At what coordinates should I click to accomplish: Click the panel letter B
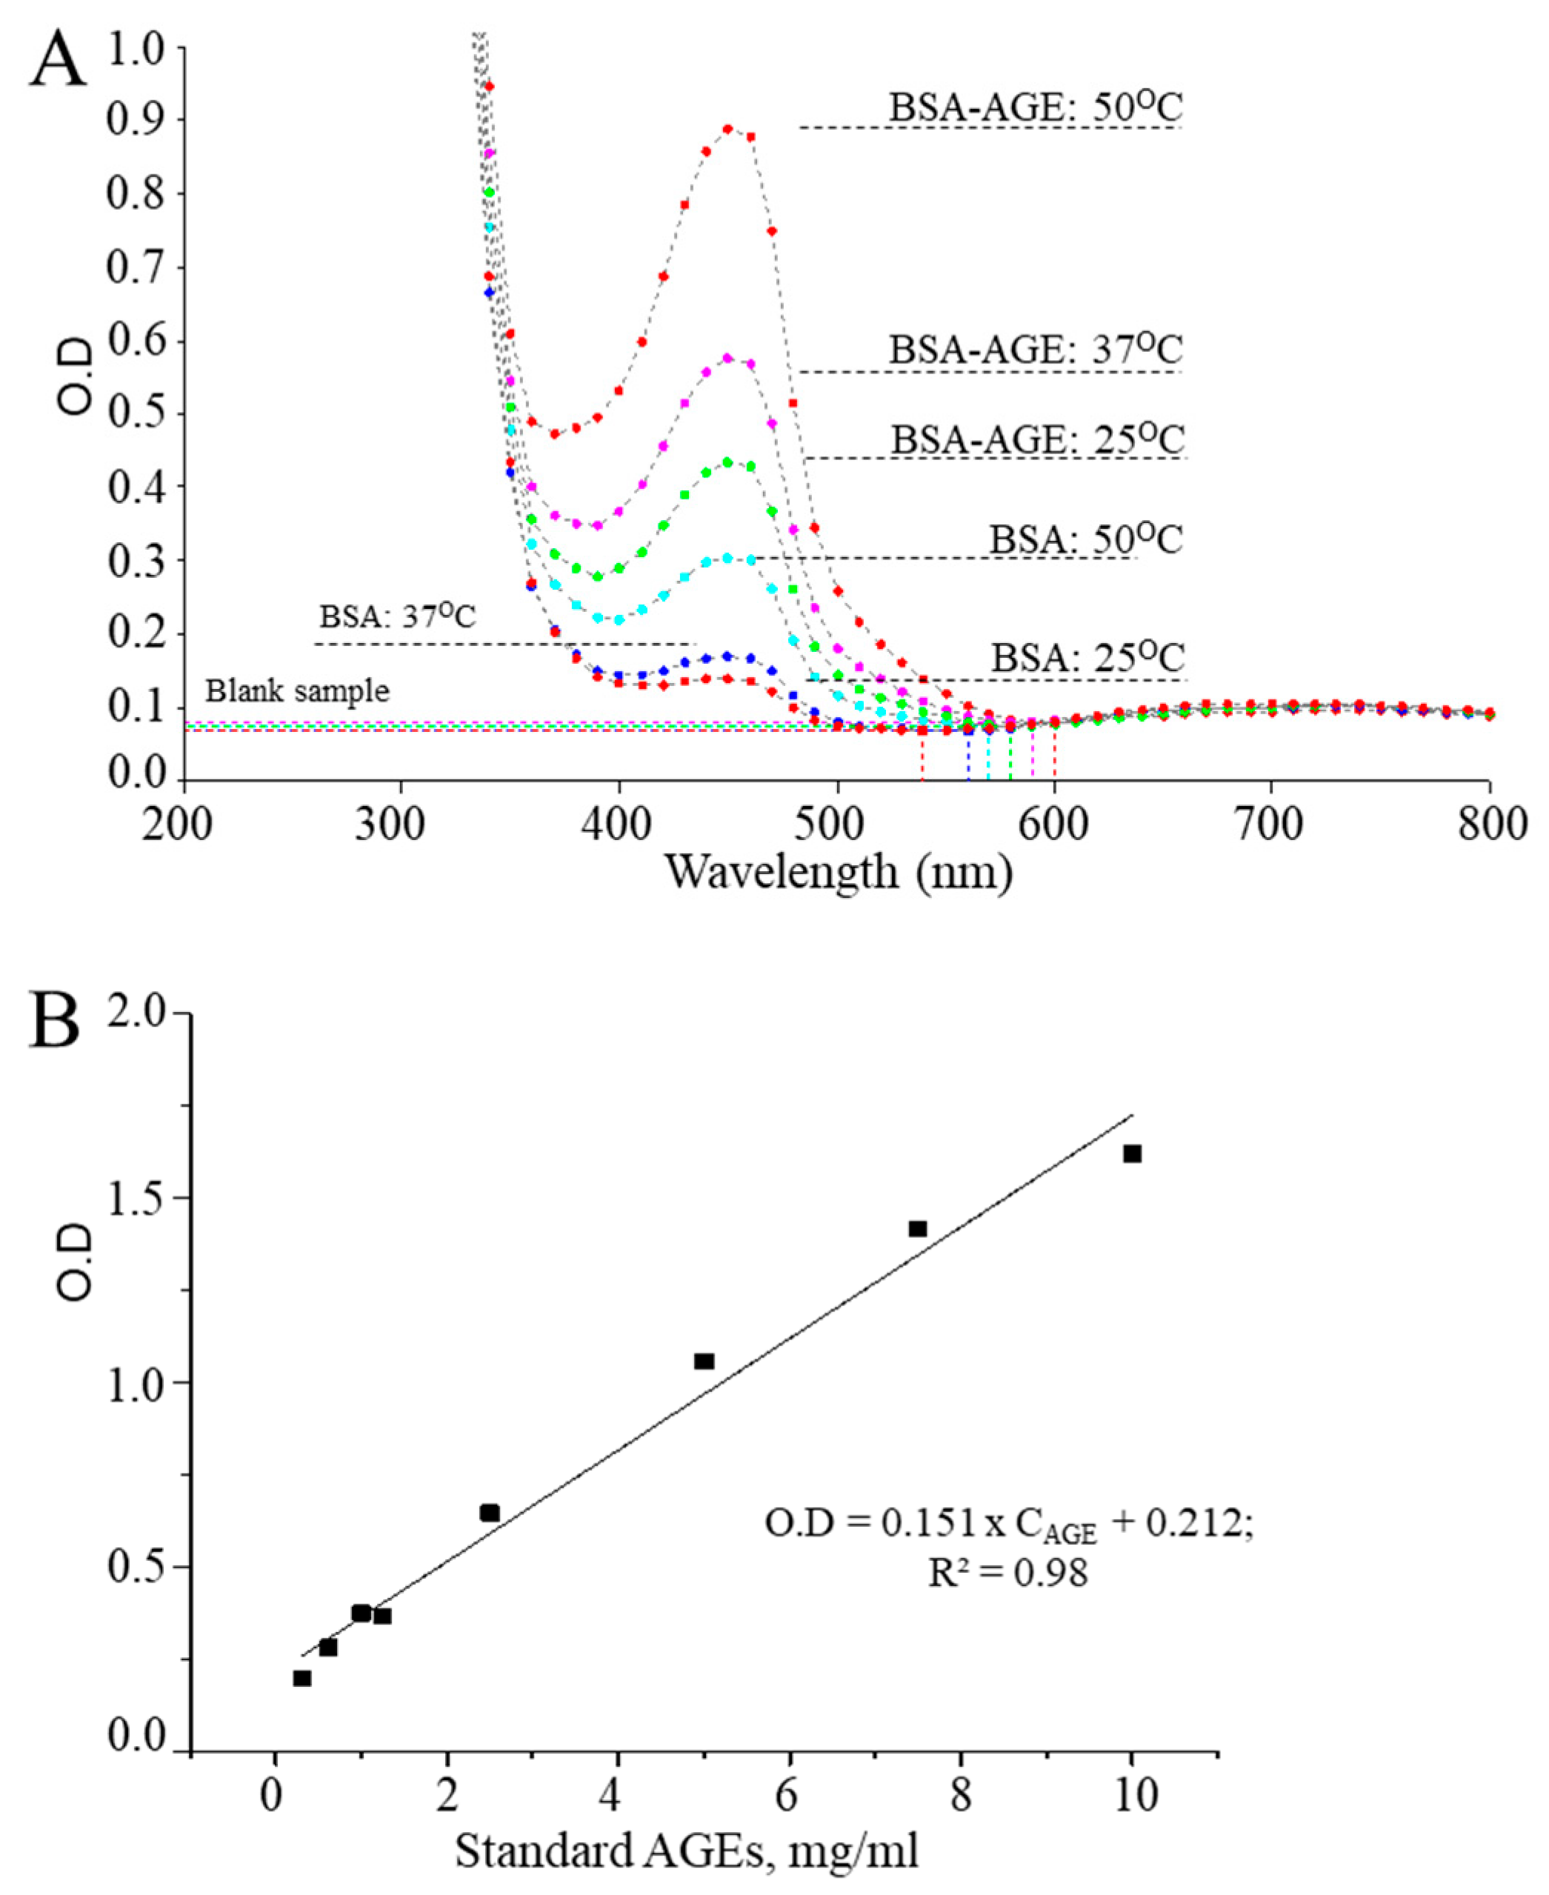tap(56, 1022)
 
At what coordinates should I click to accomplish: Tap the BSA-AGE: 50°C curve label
tap(1035, 109)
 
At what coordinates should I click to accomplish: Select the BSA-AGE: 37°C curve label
tap(1035, 350)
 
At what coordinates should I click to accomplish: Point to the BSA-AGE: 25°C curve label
tap(1038, 441)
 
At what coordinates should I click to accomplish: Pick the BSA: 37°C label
tap(398, 616)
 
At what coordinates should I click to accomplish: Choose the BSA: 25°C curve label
tap(1087, 659)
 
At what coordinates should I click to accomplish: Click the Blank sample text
tap(297, 691)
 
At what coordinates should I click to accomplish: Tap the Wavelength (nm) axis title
tap(838, 872)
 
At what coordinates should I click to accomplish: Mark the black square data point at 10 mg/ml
tap(1131, 1153)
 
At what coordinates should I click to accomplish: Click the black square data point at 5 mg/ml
tap(703, 1362)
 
